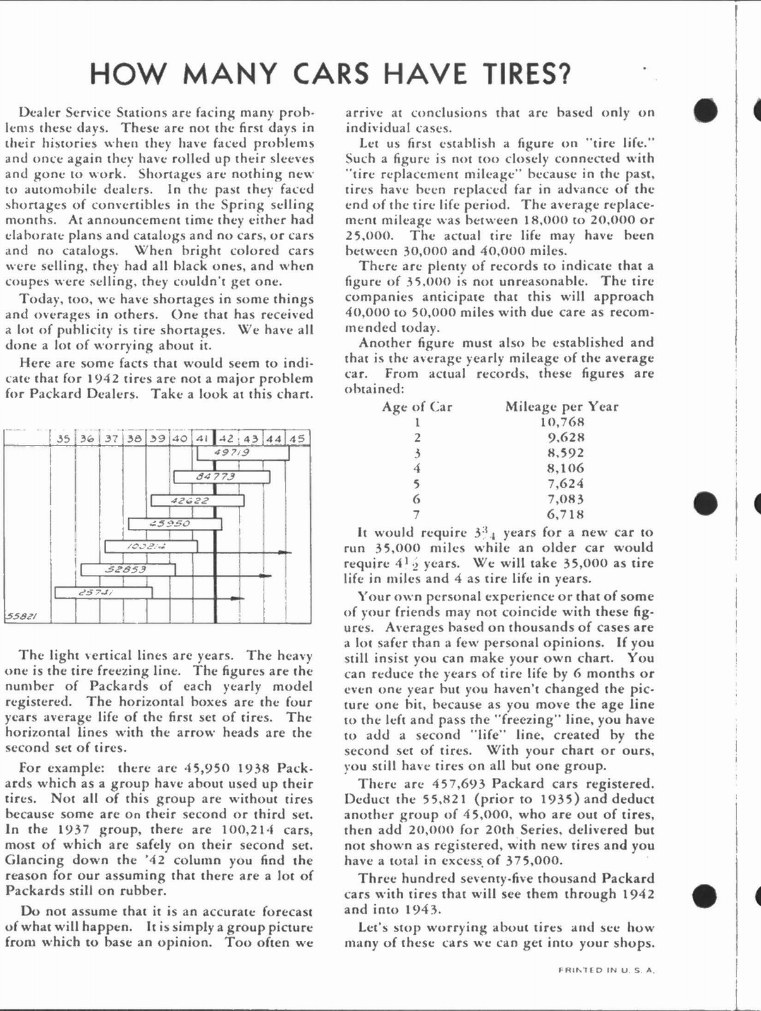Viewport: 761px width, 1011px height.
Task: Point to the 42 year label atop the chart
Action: pos(226,438)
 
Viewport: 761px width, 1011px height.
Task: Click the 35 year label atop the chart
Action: pos(63,438)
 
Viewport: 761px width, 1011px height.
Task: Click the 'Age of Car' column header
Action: pos(417,407)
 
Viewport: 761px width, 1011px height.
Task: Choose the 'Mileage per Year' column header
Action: pos(561,407)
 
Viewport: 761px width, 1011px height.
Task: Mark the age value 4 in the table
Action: pos(417,468)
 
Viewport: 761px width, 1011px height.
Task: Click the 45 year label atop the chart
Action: pos(297,438)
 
